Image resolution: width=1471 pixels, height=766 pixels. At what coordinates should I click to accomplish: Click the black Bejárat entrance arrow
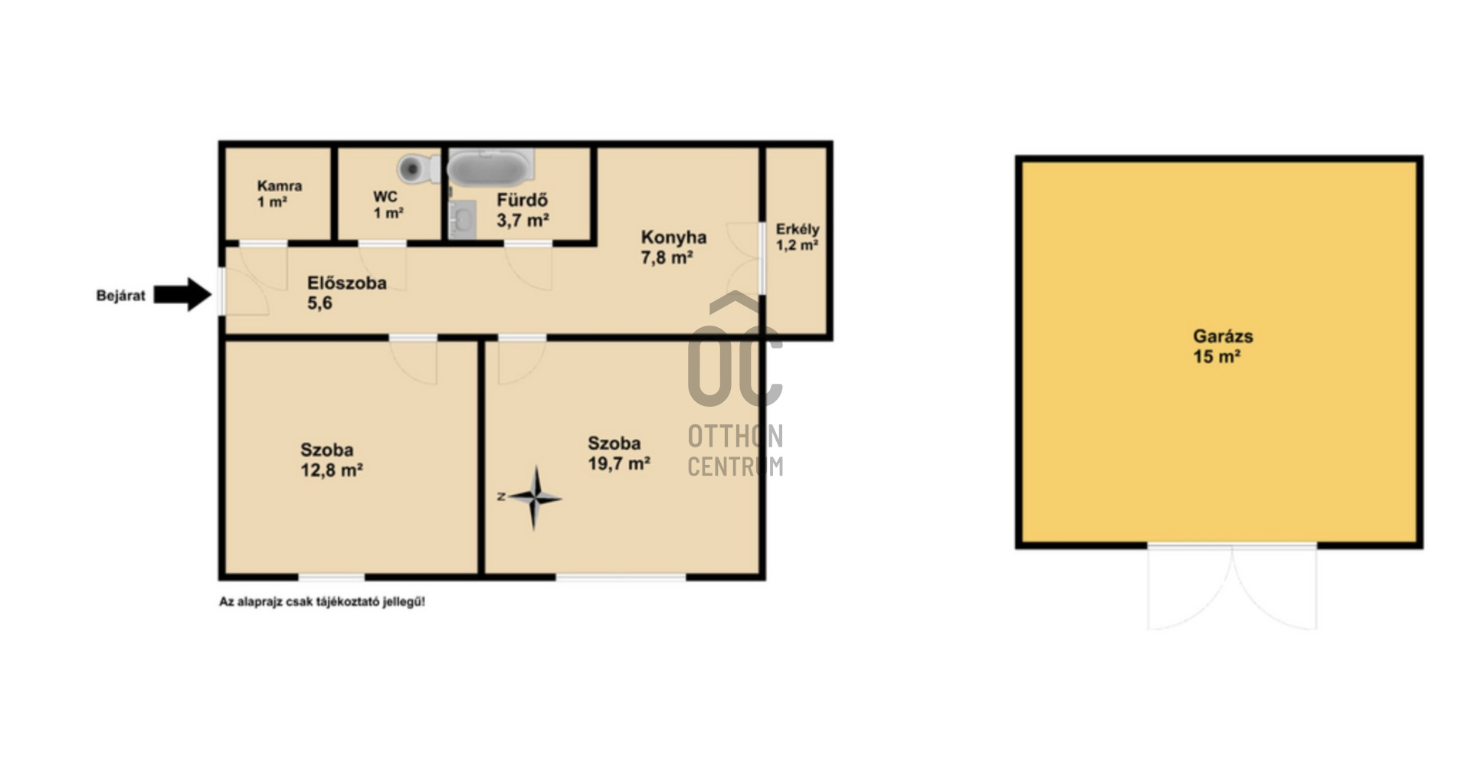[x=182, y=294]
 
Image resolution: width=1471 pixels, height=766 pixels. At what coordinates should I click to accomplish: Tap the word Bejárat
[x=120, y=296]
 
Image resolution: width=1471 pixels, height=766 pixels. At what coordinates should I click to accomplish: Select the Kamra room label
[x=280, y=185]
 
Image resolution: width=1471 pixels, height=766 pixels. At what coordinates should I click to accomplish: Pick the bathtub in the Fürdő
[x=490, y=167]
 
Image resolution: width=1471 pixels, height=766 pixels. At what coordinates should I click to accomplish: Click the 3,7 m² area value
[x=523, y=221]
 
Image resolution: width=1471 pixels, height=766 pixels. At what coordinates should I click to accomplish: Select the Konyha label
[x=673, y=237]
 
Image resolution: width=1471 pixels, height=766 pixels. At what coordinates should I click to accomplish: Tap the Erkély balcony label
[x=798, y=229]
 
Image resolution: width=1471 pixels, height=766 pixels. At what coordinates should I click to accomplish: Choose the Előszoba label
[x=347, y=283]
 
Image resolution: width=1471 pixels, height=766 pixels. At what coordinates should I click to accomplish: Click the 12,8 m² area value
[x=332, y=470]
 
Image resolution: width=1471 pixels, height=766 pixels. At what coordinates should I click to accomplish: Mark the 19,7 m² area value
[x=619, y=463]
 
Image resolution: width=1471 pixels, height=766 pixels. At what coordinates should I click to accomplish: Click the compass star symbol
[x=535, y=498]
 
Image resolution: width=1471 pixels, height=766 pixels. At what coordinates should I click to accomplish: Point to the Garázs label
[x=1223, y=336]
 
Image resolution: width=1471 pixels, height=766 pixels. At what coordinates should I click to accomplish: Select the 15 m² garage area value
[x=1217, y=356]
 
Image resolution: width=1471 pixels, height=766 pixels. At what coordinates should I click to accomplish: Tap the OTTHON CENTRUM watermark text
[x=735, y=450]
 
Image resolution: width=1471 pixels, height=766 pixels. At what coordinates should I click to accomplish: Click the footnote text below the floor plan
[x=323, y=602]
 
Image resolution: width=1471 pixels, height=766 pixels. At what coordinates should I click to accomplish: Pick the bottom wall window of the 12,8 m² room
[x=332, y=577]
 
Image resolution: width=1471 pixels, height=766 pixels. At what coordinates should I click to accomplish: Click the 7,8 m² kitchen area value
[x=667, y=257]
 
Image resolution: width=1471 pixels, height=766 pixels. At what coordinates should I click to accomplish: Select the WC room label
[x=385, y=197]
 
